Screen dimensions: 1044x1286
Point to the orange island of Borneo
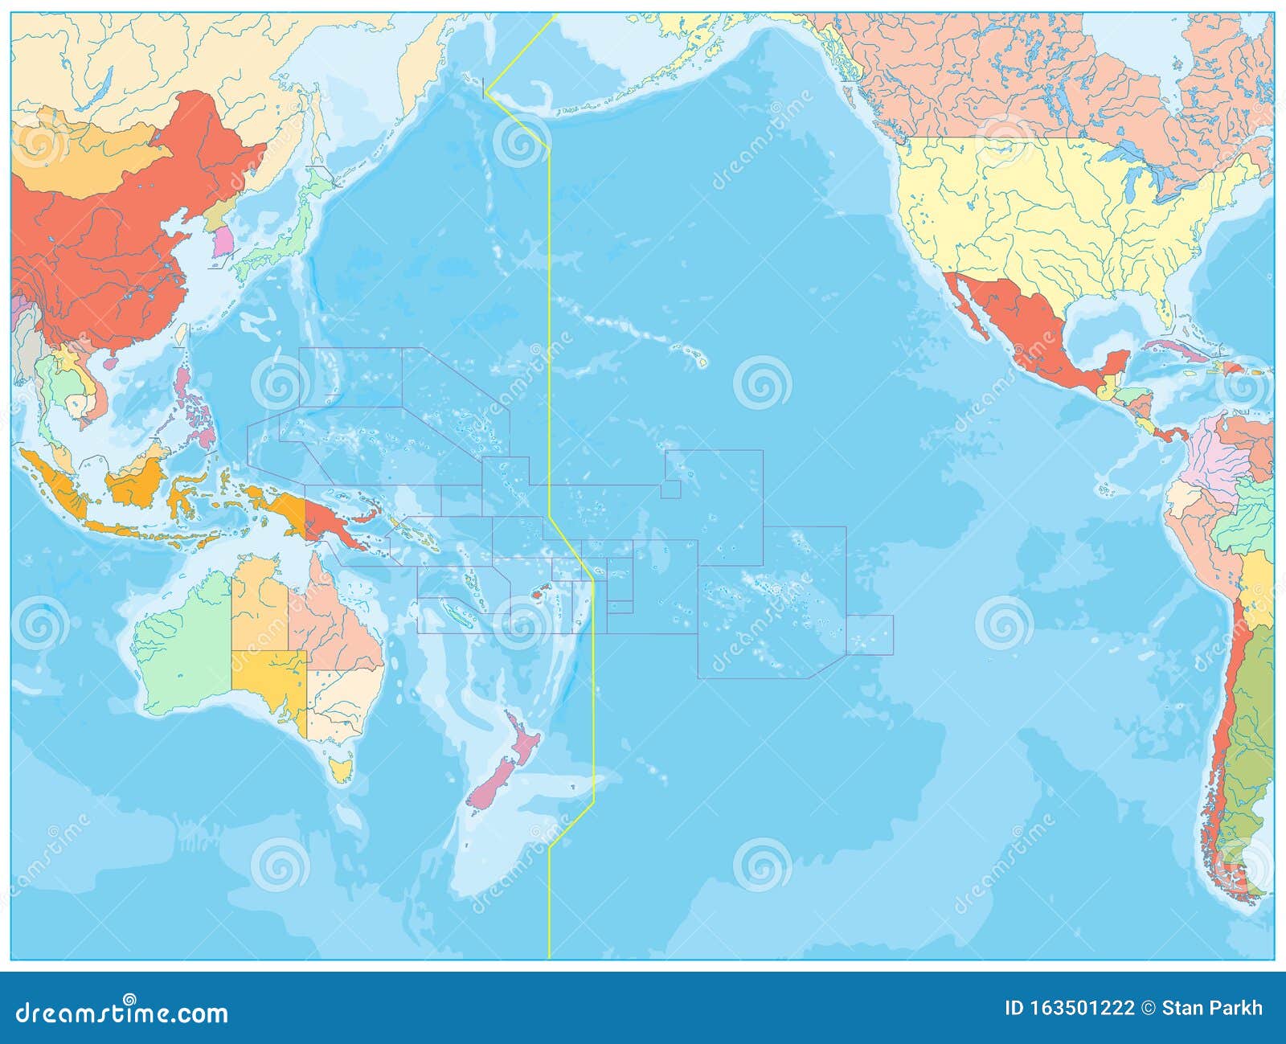pyautogui.click(x=137, y=482)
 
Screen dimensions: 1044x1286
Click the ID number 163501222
pyautogui.click(x=1069, y=1008)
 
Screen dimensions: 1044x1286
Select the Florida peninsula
pyautogui.click(x=1165, y=306)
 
